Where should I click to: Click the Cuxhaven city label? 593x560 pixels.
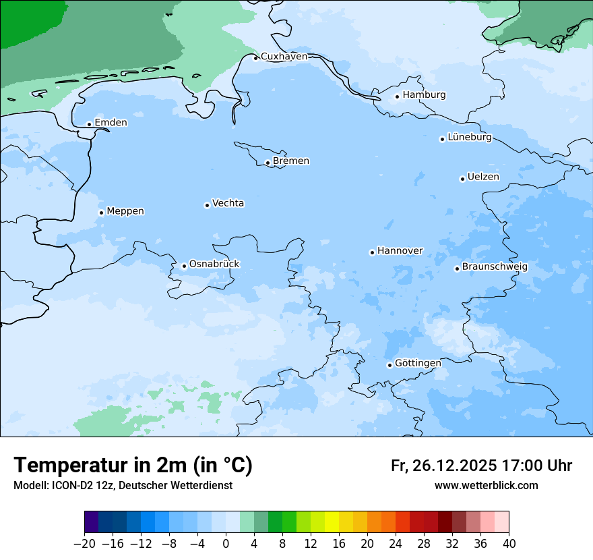pos(284,57)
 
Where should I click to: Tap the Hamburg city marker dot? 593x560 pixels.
pos(398,96)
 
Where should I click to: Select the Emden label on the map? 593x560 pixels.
pos(111,123)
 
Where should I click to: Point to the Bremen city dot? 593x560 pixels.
pos(268,163)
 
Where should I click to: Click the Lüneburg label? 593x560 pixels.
pos(469,138)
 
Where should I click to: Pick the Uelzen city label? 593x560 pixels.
pos(483,177)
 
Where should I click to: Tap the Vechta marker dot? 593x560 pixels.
pos(207,205)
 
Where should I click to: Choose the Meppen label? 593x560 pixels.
pos(125,212)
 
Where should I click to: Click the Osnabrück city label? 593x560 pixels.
pos(214,264)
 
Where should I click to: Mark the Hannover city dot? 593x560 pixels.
pos(372,253)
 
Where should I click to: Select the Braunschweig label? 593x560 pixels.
pos(495,267)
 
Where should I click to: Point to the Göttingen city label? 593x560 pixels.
pos(418,364)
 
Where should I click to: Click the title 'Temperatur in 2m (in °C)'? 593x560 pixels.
pos(133,466)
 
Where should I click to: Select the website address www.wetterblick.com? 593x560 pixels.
pos(486,486)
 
